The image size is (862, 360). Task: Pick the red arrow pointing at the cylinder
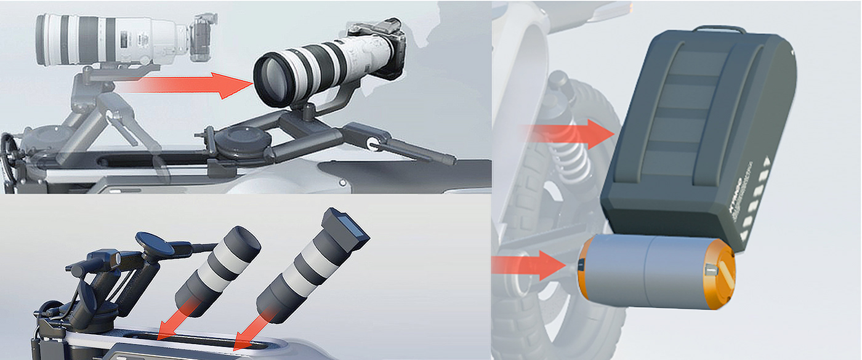click(x=530, y=265)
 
